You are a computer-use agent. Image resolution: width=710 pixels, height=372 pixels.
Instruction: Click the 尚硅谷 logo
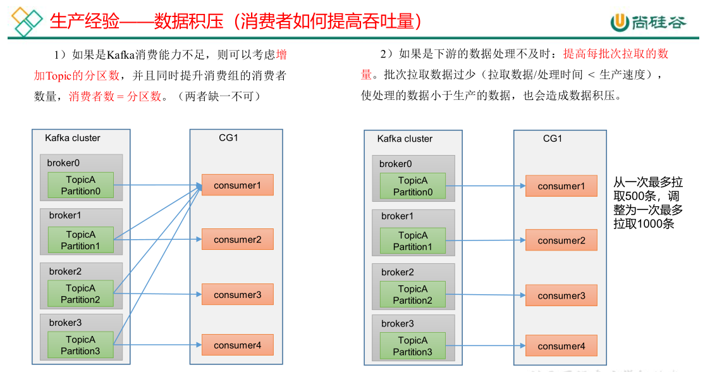tap(647, 22)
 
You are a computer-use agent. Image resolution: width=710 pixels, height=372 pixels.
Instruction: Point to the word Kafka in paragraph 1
tap(121, 55)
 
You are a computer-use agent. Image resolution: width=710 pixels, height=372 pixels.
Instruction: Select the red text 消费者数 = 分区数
tap(115, 97)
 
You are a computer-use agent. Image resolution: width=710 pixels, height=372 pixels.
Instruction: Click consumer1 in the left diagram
tap(237, 185)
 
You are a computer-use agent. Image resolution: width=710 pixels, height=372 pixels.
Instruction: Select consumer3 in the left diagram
tap(237, 295)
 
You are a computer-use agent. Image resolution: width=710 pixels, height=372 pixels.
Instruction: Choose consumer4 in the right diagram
tap(561, 346)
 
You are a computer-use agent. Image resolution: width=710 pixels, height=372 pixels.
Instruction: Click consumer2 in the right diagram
tap(561, 240)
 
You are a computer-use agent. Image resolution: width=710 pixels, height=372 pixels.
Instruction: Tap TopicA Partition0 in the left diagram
tap(80, 185)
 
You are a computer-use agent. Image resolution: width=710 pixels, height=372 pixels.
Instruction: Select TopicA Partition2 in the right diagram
tap(412, 295)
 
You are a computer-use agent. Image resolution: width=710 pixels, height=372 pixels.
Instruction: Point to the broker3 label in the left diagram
tap(65, 323)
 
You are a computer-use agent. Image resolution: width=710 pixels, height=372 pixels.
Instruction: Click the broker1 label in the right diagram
tap(397, 216)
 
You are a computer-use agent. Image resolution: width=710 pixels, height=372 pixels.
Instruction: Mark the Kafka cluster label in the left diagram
tap(73, 138)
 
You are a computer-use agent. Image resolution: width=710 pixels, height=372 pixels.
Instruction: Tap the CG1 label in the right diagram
tap(553, 139)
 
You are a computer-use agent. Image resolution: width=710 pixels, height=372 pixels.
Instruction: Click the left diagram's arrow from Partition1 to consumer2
tap(158, 239)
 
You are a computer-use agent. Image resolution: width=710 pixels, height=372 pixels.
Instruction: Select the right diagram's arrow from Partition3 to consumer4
tap(486, 346)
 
